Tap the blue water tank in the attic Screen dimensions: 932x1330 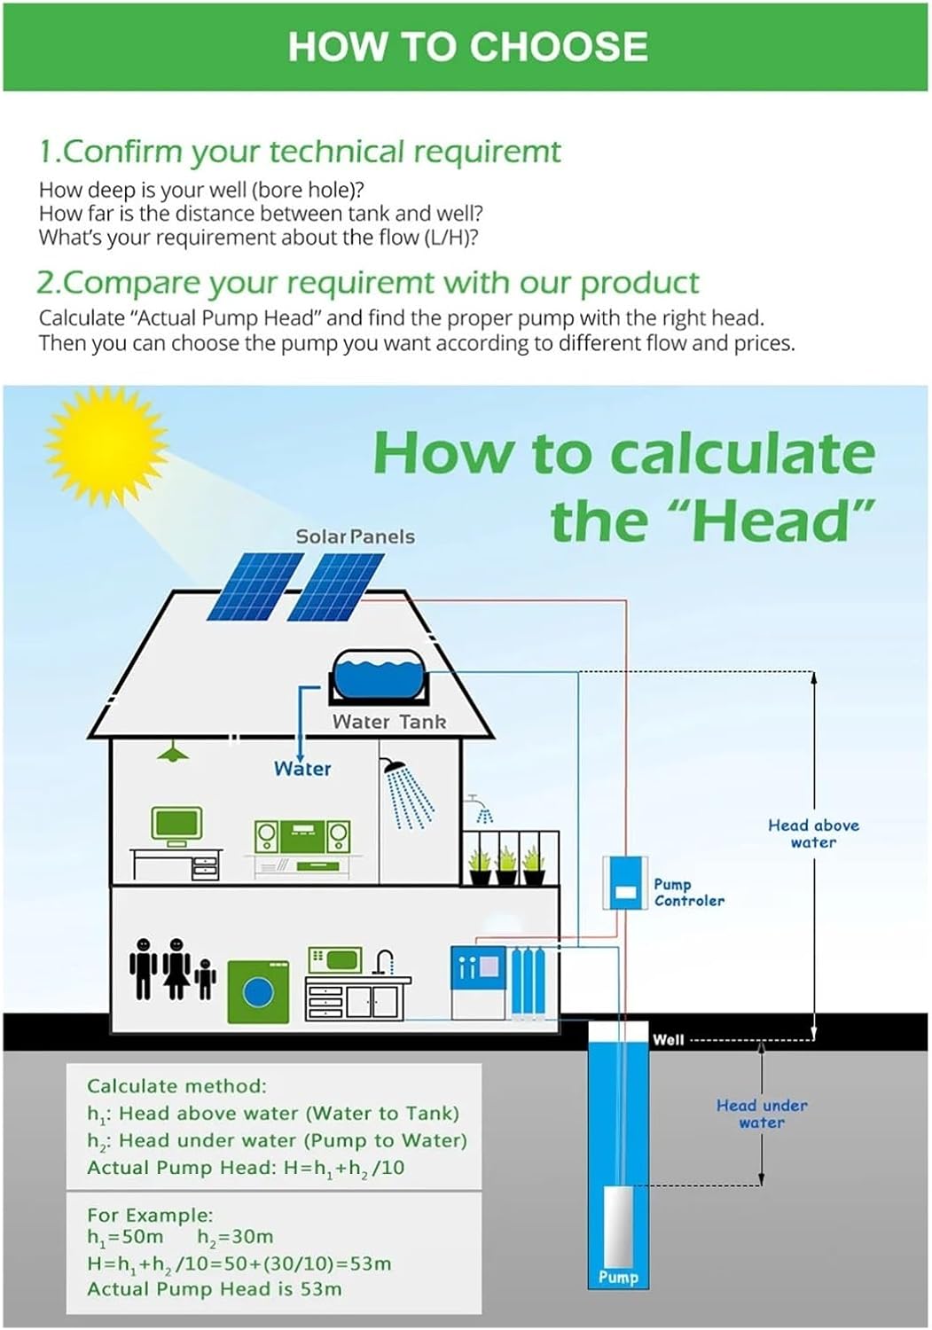(379, 677)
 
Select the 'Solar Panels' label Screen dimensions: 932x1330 (356, 536)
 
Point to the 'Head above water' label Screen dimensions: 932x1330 (813, 833)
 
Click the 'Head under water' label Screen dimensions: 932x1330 (762, 1114)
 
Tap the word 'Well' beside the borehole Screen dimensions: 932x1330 (669, 1040)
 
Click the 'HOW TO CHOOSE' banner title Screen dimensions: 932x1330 (467, 46)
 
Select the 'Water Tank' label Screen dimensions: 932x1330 (389, 722)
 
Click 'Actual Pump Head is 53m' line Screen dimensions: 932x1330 (215, 1289)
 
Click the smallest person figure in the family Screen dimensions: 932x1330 (205, 978)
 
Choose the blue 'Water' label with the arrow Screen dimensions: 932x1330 (302, 769)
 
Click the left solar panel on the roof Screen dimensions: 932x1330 (255, 587)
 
